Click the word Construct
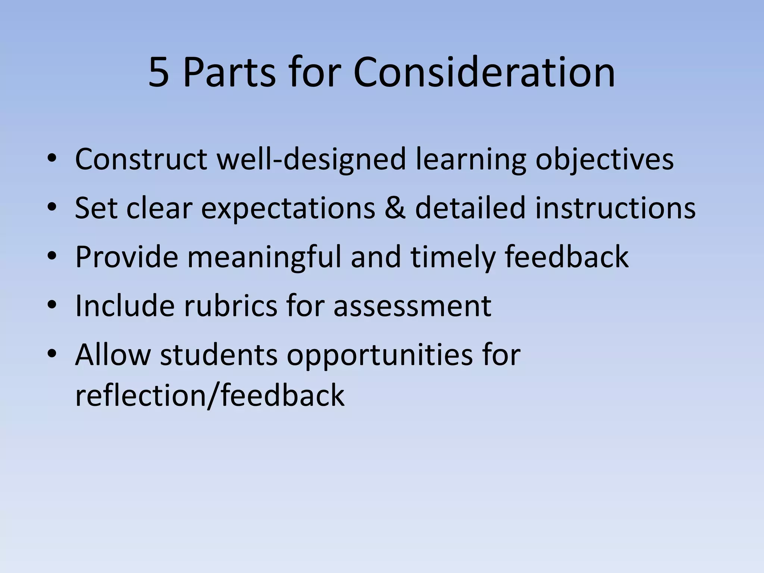point(141,159)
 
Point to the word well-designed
point(311,159)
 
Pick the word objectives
point(604,159)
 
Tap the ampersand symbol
point(395,208)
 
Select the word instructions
point(615,208)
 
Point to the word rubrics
point(231,306)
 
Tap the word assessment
point(412,306)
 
